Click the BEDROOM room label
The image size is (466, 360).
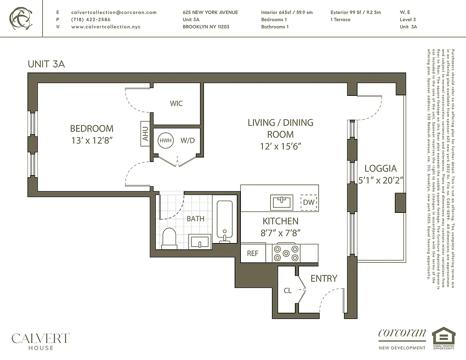coord(91,129)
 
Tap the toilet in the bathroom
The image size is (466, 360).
coord(169,238)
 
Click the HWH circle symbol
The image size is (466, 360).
coord(165,140)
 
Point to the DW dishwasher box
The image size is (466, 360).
coord(309,202)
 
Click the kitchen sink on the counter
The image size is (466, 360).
coord(282,202)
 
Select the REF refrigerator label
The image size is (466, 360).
coord(253,253)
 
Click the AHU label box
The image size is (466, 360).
coord(145,134)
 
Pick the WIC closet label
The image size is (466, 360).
coord(176,103)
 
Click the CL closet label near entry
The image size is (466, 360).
coord(288,291)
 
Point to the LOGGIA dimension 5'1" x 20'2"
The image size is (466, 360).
coord(380,179)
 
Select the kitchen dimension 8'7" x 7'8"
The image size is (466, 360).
coord(280,233)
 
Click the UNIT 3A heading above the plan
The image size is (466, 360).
coord(46,64)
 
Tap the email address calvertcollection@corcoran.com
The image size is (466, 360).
coord(114,13)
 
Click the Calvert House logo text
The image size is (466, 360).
coord(41,340)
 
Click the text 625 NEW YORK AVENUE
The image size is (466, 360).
coord(210,13)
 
